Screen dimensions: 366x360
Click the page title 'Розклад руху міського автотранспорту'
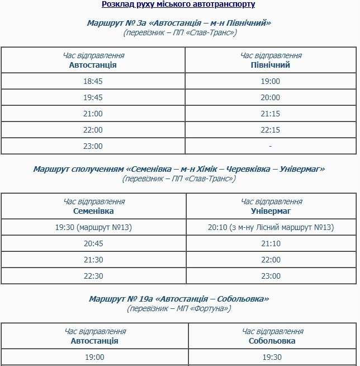178,4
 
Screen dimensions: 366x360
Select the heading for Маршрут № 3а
179,23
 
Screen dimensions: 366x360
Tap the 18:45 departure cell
93,81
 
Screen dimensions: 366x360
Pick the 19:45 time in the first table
93,97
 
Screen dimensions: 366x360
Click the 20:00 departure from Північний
271,97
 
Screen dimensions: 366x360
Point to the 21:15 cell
271,114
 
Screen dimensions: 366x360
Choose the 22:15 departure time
271,130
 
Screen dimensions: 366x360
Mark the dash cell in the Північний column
271,146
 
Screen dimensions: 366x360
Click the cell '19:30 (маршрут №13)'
93,227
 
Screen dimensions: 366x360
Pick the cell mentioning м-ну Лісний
271,227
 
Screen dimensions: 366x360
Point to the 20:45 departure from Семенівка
93,243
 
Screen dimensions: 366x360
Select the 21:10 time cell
271,243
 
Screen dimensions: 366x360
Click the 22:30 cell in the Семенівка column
93,276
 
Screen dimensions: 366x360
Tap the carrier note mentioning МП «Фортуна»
179,308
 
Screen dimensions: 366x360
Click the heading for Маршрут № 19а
179,299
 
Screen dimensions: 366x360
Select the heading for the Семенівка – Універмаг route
179,169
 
